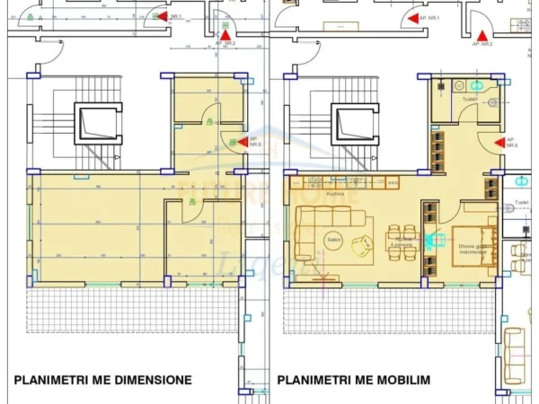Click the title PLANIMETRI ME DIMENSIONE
pos(102,380)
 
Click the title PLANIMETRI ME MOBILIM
pos(353,380)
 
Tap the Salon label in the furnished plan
pos(309,240)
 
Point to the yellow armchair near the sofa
pos(364,243)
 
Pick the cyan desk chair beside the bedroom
pos(436,240)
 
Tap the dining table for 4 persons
pos(401,240)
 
